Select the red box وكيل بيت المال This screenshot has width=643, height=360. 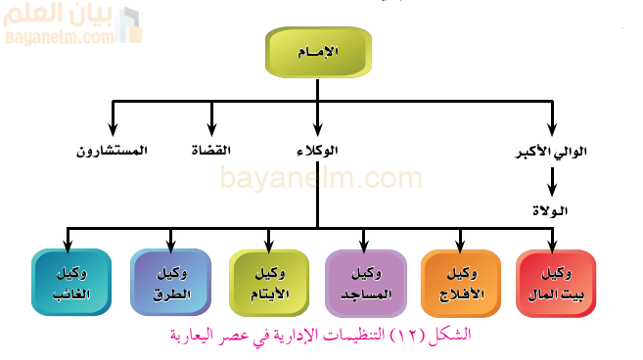pos(555,283)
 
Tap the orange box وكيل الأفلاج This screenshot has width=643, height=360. pos(460,283)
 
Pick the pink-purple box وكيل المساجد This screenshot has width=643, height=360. pos(364,283)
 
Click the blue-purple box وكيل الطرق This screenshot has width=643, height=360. pos(170,283)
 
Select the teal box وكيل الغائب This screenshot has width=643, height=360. pos(69,283)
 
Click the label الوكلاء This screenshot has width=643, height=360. pos(316,151)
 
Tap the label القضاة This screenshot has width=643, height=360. pos(210,151)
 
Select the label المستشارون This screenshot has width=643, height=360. pos(112,151)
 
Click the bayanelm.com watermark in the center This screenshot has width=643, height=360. pos(321,179)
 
